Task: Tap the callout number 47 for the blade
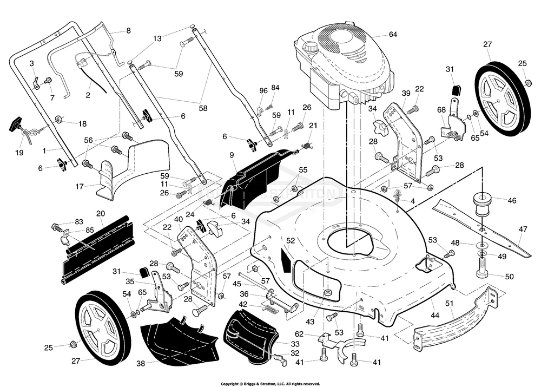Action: (x=523, y=229)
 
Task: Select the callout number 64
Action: (x=393, y=35)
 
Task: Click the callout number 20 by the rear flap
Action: (x=101, y=213)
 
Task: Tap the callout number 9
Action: (x=232, y=155)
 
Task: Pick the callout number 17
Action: (x=80, y=186)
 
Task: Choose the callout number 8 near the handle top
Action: (x=128, y=31)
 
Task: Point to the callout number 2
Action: (x=88, y=96)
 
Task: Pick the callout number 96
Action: (x=263, y=90)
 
